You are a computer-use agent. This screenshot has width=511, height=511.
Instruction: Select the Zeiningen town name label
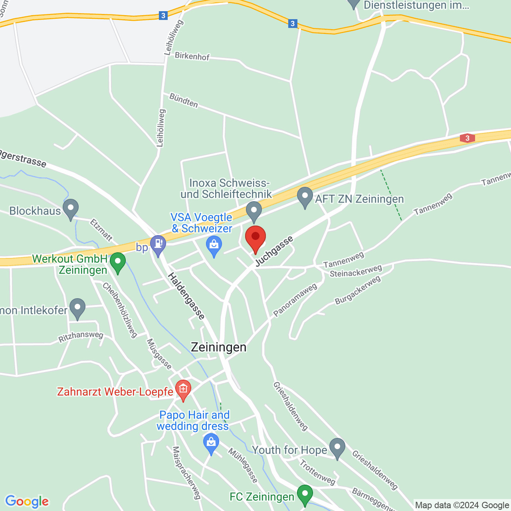coord(218,347)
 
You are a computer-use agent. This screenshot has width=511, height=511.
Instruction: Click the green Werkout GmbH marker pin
coord(118,262)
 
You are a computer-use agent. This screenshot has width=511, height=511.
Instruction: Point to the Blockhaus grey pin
coord(71,209)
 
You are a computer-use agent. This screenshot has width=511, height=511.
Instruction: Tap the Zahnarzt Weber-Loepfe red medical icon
coord(183,390)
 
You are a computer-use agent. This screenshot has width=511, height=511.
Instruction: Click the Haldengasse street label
coord(186,296)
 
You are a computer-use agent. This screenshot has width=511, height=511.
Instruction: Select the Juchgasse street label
coord(274,251)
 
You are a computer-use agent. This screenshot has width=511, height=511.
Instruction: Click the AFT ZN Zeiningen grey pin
coord(305,197)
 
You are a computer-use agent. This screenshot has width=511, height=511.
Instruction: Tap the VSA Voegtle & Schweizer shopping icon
coord(214,246)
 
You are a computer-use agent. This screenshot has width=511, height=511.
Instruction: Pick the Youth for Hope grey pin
coord(337,448)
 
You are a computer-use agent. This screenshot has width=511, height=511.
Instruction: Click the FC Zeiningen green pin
coord(305,495)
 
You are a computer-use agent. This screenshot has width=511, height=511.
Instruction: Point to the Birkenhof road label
coord(192,56)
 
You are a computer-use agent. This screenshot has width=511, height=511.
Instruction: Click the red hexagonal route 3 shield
coord(467,138)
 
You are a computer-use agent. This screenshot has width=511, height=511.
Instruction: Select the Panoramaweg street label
coord(295,299)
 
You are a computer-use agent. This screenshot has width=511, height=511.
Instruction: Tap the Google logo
coord(27,501)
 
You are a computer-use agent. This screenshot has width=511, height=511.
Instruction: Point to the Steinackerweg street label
coord(356,271)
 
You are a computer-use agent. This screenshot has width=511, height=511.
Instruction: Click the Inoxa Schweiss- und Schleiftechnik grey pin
coord(254,211)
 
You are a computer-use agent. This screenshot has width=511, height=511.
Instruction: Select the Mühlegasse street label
coord(243,465)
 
